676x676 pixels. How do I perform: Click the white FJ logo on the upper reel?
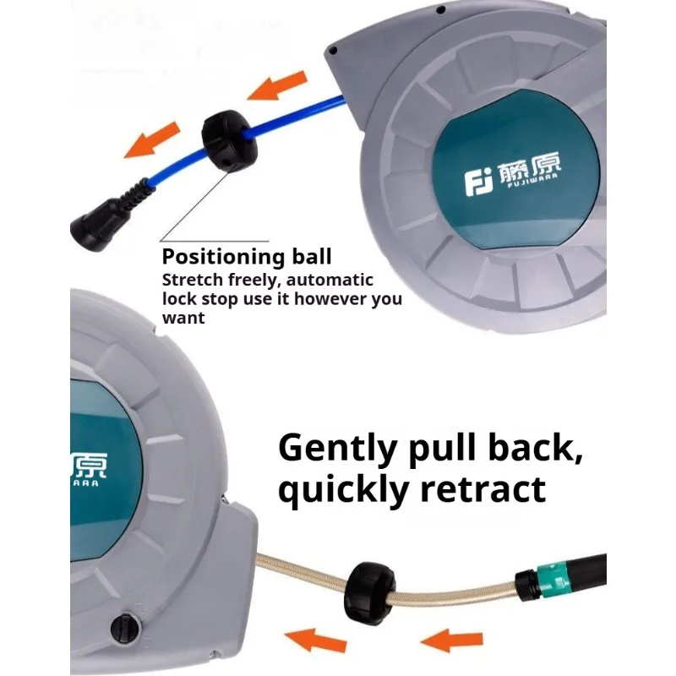[478, 183]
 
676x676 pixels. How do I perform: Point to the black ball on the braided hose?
[369, 593]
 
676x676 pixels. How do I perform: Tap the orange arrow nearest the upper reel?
[278, 85]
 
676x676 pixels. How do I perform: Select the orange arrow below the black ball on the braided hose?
[315, 641]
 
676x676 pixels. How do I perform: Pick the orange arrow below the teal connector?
[451, 641]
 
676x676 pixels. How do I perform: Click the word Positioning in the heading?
[223, 257]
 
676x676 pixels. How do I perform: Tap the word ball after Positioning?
[312, 256]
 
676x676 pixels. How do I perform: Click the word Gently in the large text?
[337, 450]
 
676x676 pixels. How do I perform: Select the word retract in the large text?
[483, 489]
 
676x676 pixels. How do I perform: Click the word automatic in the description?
[330, 281]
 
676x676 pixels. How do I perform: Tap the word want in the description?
[183, 319]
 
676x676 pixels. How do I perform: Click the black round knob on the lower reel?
[125, 628]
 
